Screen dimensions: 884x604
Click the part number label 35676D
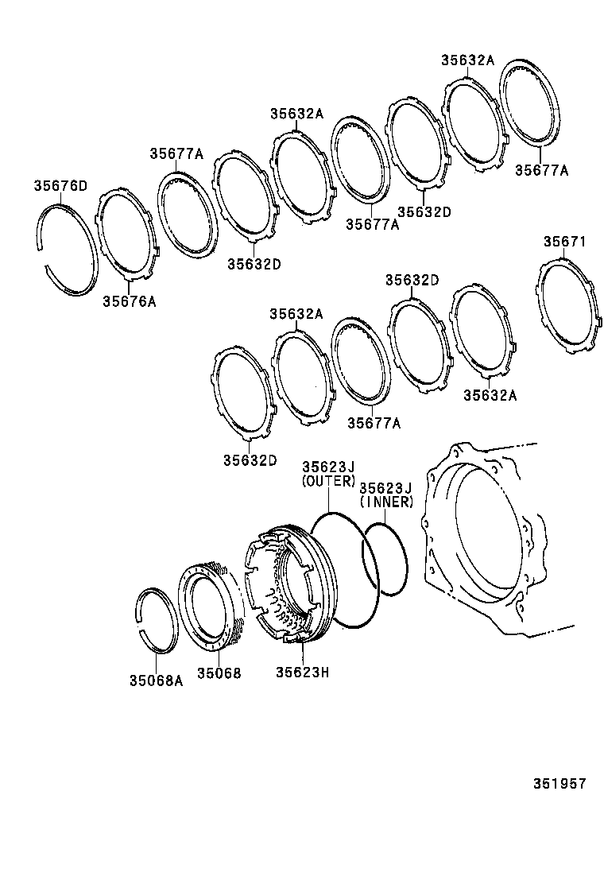tap(60, 186)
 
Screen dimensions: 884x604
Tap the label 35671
tap(564, 241)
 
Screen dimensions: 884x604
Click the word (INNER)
tap(386, 502)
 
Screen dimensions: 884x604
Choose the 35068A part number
tap(156, 680)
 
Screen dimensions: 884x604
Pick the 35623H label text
tap(302, 673)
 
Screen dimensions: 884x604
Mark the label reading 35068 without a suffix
tap(219, 673)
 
